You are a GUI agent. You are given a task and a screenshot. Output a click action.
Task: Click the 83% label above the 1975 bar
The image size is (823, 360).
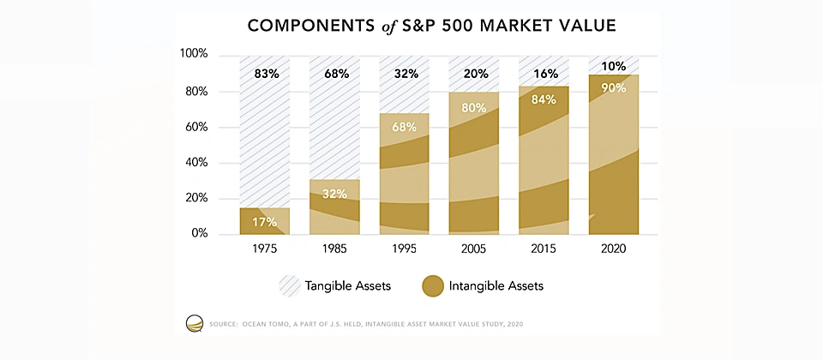tap(267, 74)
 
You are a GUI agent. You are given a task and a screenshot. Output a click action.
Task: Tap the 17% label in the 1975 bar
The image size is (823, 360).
tap(265, 223)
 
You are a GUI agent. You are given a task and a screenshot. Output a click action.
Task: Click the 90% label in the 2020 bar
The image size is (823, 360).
tap(614, 87)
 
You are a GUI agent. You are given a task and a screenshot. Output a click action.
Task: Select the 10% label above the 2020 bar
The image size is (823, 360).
tap(614, 66)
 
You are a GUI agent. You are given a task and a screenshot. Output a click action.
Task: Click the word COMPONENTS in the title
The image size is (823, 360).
tap(308, 27)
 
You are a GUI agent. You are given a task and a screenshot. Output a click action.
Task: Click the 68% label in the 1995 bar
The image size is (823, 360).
tap(405, 128)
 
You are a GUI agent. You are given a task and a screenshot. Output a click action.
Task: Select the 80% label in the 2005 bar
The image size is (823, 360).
tap(473, 108)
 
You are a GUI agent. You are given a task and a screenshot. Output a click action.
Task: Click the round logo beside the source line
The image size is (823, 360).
tap(195, 323)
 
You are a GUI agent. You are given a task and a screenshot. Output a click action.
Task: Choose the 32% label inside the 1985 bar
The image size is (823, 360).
tap(334, 194)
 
